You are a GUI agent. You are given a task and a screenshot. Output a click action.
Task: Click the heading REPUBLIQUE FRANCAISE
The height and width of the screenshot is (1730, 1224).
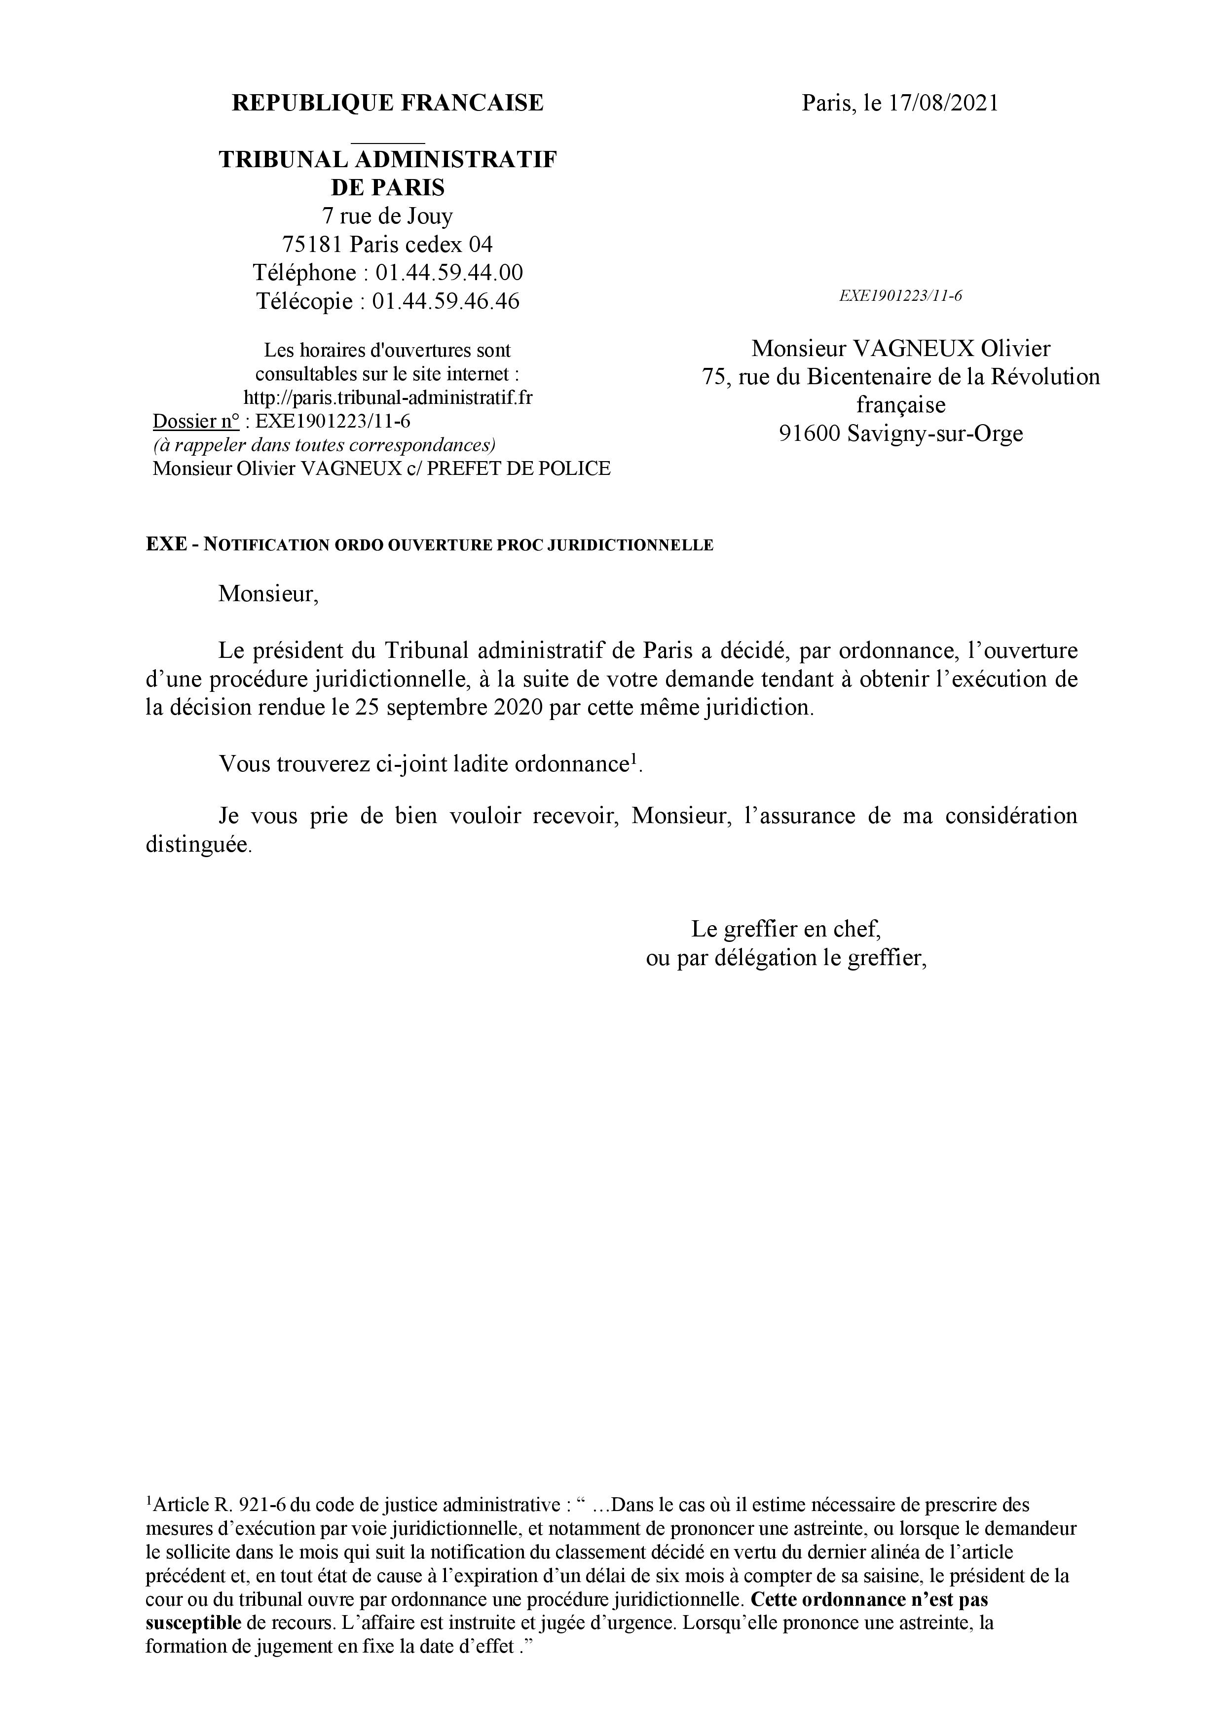(387, 103)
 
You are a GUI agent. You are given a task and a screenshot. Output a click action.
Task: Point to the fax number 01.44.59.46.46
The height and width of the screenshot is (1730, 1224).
(446, 301)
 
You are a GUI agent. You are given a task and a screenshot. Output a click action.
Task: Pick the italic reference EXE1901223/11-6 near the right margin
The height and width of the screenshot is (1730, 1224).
(901, 296)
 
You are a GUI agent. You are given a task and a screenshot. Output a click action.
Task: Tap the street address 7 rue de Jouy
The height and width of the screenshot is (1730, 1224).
(387, 216)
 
